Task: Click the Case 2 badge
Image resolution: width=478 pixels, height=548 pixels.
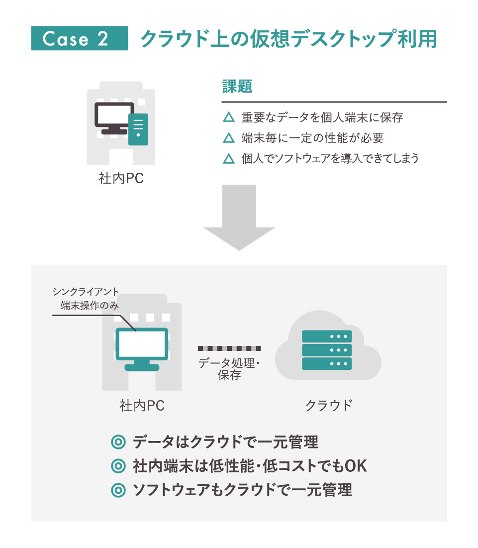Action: [x=80, y=39]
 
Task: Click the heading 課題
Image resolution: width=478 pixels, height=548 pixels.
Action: [x=237, y=87]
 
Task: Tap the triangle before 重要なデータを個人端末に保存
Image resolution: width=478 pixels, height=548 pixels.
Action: [x=229, y=118]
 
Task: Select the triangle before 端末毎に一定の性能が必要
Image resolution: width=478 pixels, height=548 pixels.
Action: [x=229, y=138]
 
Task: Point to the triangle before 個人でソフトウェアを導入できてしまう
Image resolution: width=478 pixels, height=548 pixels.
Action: [x=229, y=159]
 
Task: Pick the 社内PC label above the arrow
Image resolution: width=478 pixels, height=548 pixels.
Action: [x=121, y=179]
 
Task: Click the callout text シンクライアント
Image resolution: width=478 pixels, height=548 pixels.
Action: [x=86, y=292]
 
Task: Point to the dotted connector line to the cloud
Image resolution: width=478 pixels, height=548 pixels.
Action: [x=229, y=348]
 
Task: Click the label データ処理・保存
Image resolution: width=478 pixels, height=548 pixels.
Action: [x=229, y=369]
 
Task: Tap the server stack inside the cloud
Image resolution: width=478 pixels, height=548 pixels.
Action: [x=327, y=350]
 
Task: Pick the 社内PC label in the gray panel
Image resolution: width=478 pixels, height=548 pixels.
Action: [x=142, y=406]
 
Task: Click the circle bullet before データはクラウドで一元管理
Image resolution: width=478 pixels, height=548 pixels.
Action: [x=118, y=442]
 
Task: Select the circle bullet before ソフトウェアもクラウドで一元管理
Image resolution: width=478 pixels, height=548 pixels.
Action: [x=118, y=490]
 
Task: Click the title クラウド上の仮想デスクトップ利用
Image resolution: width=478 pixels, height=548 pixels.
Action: [x=288, y=39]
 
